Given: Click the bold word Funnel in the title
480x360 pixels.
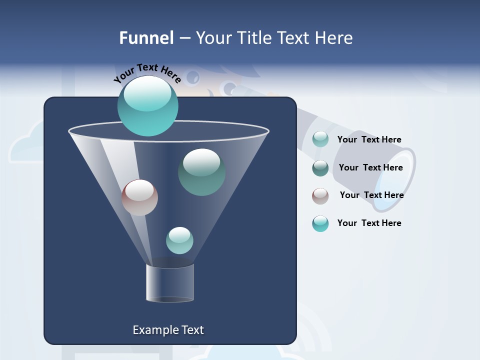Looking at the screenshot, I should click(146, 38).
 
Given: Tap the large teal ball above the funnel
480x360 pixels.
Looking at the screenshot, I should click(147, 105).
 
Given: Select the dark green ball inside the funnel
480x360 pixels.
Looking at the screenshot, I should click(201, 172).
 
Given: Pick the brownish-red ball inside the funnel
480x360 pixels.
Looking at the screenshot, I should click(139, 197).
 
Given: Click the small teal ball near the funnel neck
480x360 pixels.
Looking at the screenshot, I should click(179, 240).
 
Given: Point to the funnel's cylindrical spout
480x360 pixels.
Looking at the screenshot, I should click(170, 283).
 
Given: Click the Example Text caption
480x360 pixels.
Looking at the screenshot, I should click(168, 330).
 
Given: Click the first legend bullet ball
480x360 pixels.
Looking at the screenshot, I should click(320, 139).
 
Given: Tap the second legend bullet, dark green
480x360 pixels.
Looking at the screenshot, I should click(320, 167).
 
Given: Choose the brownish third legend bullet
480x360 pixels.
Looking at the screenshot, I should click(320, 195).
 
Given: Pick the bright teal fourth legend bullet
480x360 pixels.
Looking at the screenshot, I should click(320, 223).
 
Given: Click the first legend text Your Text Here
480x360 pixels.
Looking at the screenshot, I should click(369, 139).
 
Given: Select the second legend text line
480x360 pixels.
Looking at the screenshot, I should click(370, 167).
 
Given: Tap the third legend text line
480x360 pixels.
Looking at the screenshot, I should click(371, 195).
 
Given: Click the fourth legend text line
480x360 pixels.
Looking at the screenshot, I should click(369, 223).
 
